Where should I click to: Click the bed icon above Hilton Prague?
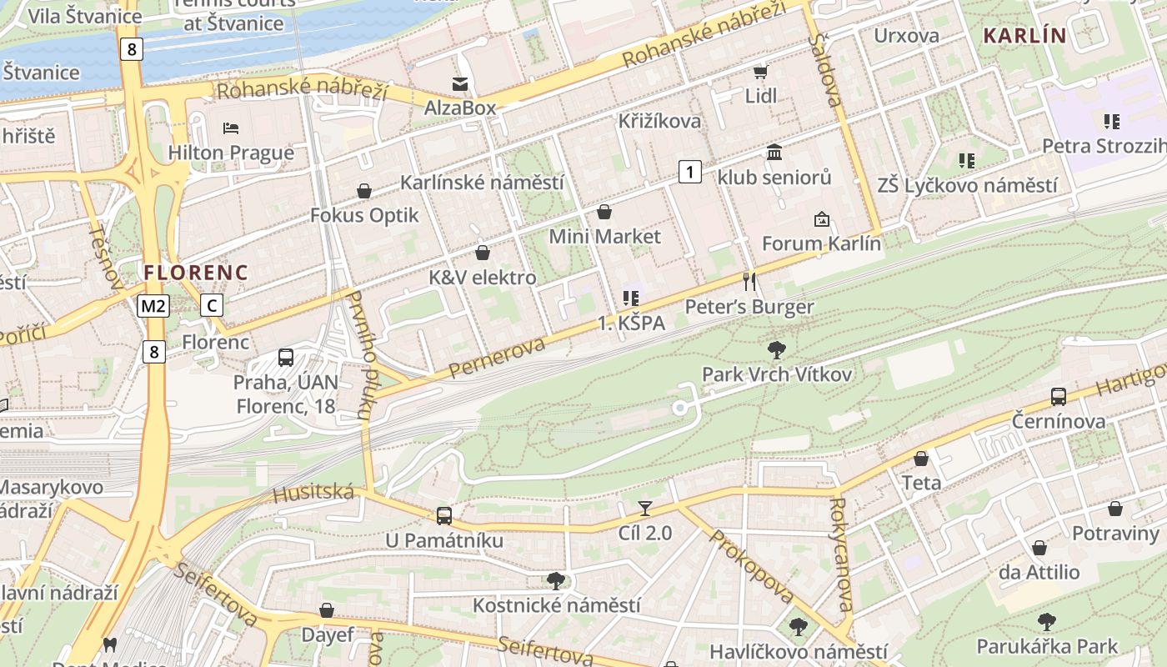tap(231, 128)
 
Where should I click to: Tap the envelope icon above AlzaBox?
tap(460, 83)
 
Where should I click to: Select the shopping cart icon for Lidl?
tap(760, 72)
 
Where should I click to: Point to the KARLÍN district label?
tap(1024, 36)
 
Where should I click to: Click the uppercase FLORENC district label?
tap(196, 273)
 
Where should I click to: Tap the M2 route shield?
tap(154, 306)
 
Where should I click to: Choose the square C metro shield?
tap(212, 306)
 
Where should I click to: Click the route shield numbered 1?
tap(689, 173)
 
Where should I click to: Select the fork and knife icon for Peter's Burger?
tap(749, 282)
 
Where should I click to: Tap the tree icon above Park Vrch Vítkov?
tap(777, 349)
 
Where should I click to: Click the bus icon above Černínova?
tap(1059, 397)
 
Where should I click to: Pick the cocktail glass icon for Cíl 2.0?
tap(644, 508)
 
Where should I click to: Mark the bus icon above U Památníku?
tap(444, 516)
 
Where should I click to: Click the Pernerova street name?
tap(497, 357)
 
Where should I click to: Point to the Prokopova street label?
tap(750, 567)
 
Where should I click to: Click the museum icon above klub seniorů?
tap(774, 153)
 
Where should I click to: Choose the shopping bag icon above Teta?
tap(921, 459)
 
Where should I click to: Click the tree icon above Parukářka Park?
tap(1047, 621)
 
